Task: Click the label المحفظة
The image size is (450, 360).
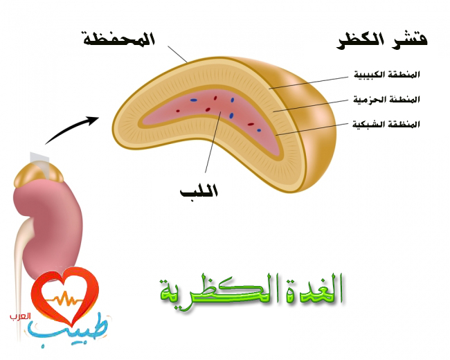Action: [x=119, y=39]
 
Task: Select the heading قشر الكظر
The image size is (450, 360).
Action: [x=382, y=42]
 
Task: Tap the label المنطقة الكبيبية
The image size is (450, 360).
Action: [x=386, y=74]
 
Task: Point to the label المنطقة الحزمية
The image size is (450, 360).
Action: [x=386, y=99]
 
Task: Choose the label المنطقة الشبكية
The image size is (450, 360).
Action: [x=386, y=124]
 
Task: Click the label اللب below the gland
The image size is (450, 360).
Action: [x=199, y=190]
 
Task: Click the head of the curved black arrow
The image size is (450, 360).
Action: [x=94, y=120]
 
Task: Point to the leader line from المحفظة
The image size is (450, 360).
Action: [x=177, y=54]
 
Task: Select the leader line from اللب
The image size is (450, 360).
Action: [x=213, y=142]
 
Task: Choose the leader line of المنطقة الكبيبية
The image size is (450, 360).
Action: [x=309, y=82]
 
